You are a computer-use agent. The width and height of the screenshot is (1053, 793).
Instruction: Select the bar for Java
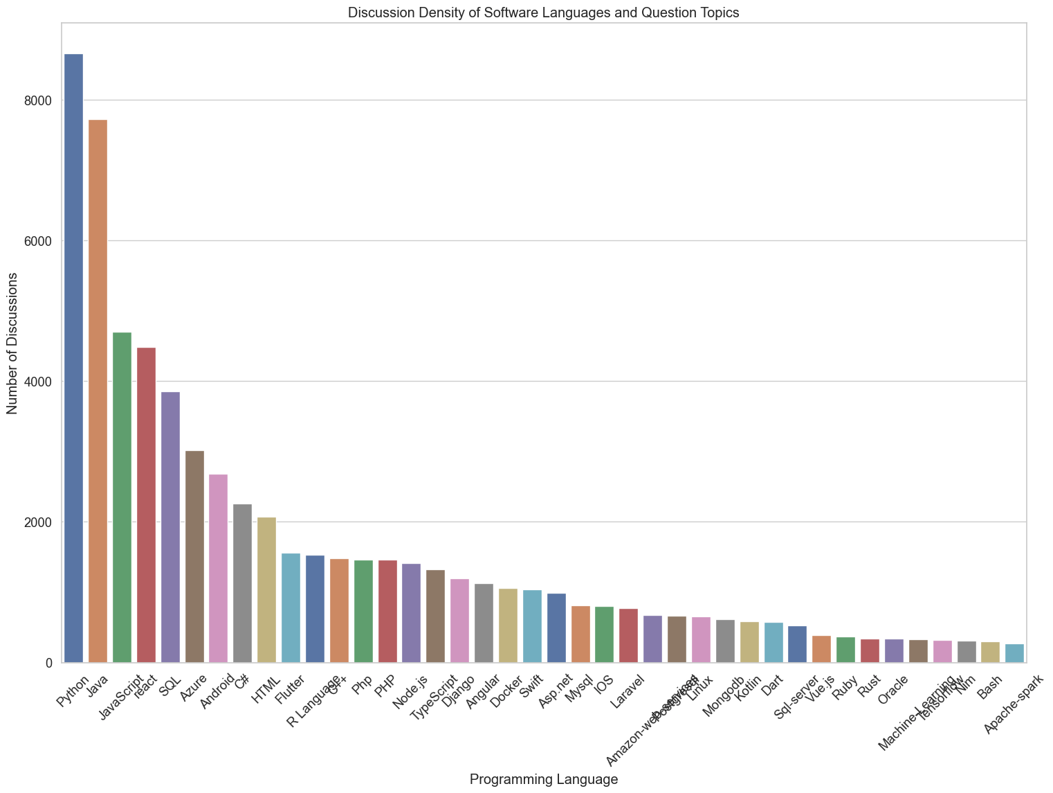[98, 391]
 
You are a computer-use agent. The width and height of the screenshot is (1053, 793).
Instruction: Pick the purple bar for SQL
[170, 527]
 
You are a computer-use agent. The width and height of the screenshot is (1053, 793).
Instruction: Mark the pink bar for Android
[218, 568]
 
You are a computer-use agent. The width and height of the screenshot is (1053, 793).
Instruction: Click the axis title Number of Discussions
[12, 344]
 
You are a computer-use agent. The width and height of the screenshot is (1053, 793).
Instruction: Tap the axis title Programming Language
[543, 780]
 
